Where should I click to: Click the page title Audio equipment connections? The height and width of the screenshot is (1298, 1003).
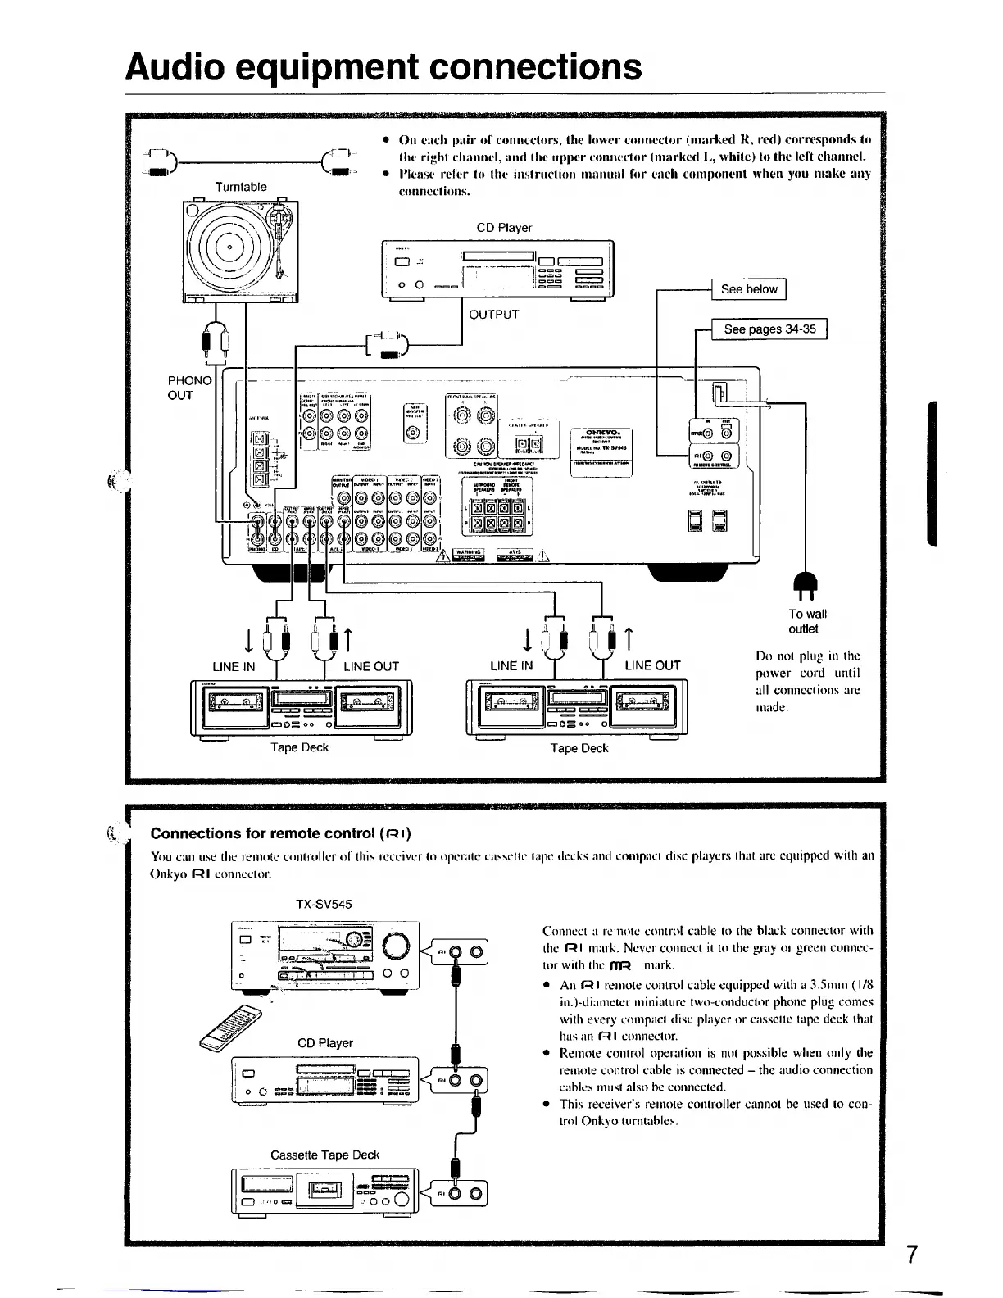click(383, 66)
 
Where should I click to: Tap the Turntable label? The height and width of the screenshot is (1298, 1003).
click(241, 187)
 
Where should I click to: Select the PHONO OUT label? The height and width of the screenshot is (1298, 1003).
click(190, 388)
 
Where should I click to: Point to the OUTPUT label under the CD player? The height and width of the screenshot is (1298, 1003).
click(493, 314)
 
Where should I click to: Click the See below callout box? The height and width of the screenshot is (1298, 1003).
click(748, 289)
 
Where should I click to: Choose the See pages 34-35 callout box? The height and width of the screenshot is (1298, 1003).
click(769, 329)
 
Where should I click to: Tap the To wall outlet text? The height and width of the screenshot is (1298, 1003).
click(806, 621)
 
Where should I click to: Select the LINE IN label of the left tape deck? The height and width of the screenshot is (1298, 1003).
click(234, 666)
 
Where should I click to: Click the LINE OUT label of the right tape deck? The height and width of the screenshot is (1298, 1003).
click(652, 665)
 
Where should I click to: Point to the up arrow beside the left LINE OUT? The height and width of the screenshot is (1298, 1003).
click(348, 637)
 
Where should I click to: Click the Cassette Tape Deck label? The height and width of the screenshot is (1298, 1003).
click(324, 1155)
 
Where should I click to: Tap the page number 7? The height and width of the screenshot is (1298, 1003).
click(912, 1255)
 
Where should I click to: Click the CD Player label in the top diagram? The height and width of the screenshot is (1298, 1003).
click(504, 228)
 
